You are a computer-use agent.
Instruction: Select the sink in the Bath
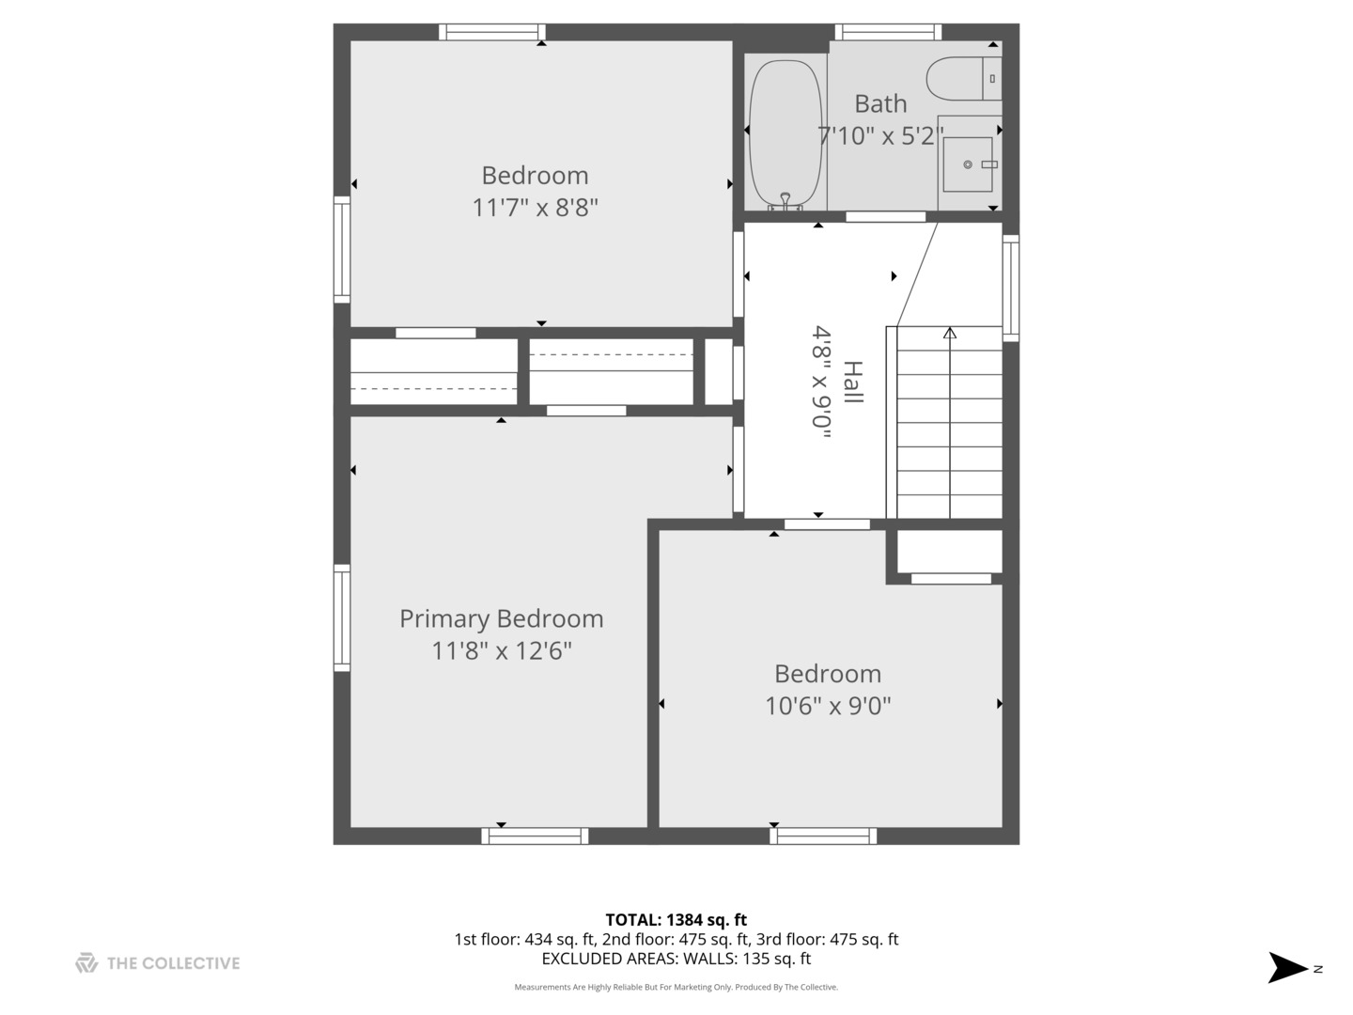coord(968,164)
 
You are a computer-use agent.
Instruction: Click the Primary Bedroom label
coord(501,618)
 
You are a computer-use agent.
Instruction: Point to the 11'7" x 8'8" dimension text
coord(535,208)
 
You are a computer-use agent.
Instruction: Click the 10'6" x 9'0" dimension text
coord(828,706)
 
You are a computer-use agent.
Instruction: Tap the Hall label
coord(852,383)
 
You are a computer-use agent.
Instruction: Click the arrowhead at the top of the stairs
coord(950,333)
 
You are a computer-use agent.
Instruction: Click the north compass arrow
coord(1288,967)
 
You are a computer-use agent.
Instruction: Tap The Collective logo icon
coord(86,962)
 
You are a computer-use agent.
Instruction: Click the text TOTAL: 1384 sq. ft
coord(676,920)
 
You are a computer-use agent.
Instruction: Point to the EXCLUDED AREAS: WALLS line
coord(676,959)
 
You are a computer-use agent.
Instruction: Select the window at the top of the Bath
coord(888,32)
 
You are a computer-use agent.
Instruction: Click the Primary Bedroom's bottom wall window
coord(535,835)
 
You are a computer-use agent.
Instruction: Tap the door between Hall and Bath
coord(885,217)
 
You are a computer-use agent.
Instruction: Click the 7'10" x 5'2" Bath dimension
coord(880,136)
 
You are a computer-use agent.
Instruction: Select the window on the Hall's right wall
coord(1011,286)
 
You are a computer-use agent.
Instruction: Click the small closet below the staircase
coord(950,552)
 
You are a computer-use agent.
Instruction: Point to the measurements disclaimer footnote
coord(676,987)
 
